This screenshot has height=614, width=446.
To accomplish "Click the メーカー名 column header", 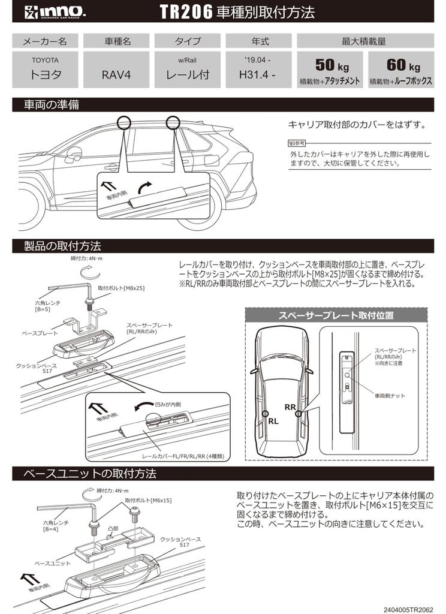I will [x=45, y=41].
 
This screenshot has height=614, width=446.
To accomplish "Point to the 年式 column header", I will [x=260, y=41].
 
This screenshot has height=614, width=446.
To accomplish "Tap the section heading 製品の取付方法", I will [x=62, y=246].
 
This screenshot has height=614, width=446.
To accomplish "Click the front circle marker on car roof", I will [x=125, y=122].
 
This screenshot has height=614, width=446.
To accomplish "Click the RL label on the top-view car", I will [x=273, y=421].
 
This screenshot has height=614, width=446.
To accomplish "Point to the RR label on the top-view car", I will [x=290, y=407].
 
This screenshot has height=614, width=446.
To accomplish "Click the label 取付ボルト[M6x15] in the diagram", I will [x=149, y=499].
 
